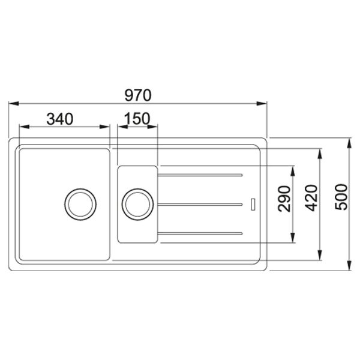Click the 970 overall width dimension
[138, 95]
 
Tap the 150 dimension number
[137, 119]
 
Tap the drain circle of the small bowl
[136, 203]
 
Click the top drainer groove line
[200, 176]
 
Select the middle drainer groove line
[200, 204]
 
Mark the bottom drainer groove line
[200, 232]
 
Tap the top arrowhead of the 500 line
[349, 142]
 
